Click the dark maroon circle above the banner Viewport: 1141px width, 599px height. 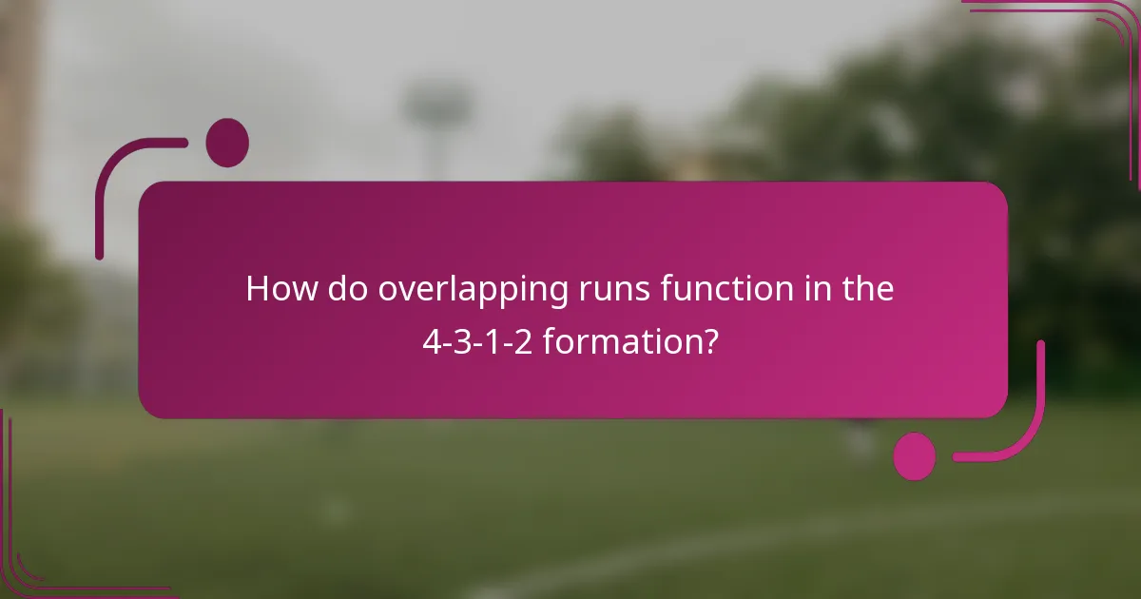tap(227, 143)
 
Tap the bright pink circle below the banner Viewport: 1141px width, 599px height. tap(915, 455)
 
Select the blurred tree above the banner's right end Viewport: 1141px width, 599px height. tap(951, 124)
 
